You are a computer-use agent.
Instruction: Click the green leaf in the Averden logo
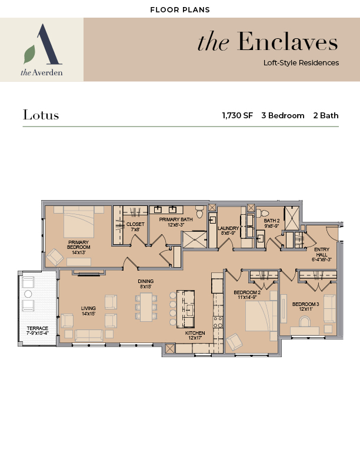click(29, 54)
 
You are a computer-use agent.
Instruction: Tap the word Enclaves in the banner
click(288, 42)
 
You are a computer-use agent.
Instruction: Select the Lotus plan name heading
click(41, 115)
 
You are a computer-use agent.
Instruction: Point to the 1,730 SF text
click(237, 115)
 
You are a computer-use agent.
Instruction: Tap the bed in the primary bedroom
click(79, 222)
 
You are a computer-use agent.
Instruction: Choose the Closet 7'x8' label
click(135, 227)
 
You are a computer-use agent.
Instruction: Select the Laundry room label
click(228, 231)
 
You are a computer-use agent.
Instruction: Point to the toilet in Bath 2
click(262, 213)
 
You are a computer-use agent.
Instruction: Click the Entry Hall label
click(322, 254)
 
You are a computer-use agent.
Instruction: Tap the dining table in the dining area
click(146, 307)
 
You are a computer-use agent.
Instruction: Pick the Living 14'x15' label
click(88, 311)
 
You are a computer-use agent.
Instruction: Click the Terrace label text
click(38, 331)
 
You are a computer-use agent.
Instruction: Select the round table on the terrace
click(28, 294)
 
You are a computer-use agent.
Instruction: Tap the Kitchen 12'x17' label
click(195, 335)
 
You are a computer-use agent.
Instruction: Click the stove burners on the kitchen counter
click(218, 322)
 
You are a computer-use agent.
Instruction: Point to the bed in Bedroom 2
click(259, 315)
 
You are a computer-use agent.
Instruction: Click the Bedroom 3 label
click(306, 307)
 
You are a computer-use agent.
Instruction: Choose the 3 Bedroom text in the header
click(283, 115)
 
